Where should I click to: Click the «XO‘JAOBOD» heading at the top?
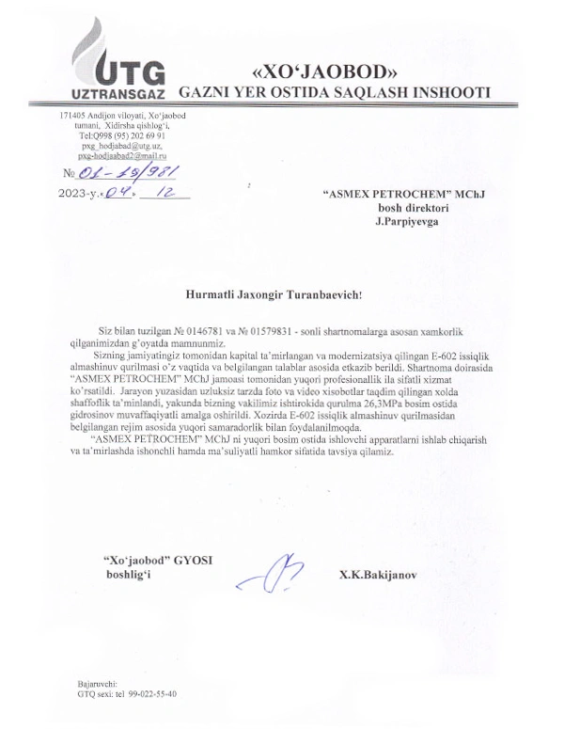(x=321, y=71)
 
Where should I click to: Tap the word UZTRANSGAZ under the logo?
(x=118, y=96)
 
